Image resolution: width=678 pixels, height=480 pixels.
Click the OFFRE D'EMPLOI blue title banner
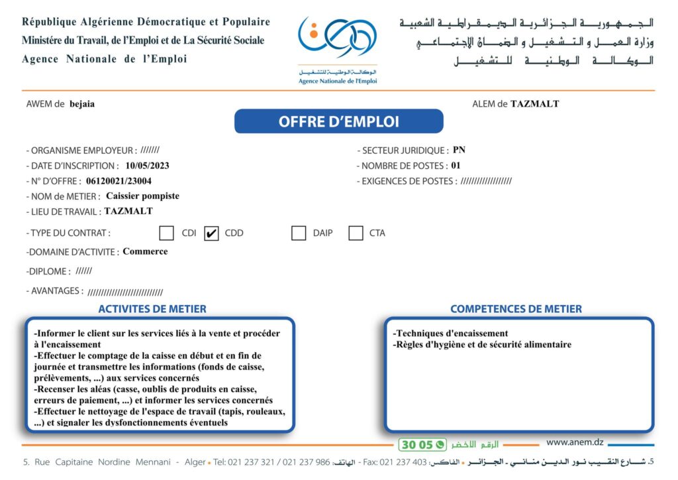coord(338,122)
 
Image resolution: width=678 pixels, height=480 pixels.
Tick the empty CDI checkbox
coord(167,233)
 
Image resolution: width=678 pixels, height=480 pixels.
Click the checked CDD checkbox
coord(211,233)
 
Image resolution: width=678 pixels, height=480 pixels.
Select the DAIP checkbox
coord(299,233)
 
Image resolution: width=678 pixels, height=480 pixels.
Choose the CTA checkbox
coord(356,233)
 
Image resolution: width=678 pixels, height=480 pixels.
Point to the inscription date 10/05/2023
coord(147,166)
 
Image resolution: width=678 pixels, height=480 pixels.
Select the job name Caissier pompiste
coord(142,196)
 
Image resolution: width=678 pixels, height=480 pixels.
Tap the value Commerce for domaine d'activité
coord(145,252)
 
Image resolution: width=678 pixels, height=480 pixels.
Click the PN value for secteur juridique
coord(459,150)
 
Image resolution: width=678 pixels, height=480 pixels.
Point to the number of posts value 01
coord(455,166)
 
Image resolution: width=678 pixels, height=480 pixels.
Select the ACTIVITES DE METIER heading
coord(152,309)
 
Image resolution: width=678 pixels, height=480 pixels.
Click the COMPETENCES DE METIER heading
coord(516,309)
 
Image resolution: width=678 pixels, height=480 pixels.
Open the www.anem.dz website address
coord(575,442)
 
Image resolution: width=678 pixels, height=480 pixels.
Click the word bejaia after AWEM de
coord(82,104)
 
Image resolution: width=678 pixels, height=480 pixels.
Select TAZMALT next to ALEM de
coord(534,104)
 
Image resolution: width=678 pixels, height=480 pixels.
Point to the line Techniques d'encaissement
coord(450,333)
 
